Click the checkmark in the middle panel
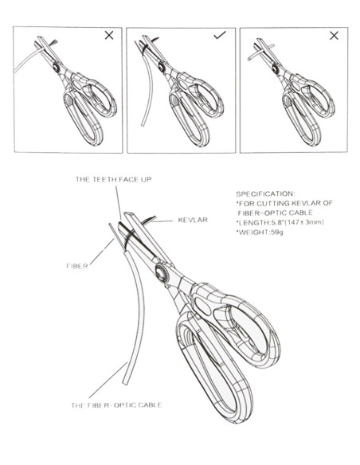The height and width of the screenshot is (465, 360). [220, 35]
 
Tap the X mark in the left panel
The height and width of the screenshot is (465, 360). [109, 36]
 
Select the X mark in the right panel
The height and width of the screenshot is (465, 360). [334, 36]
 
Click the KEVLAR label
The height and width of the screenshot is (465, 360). [193, 220]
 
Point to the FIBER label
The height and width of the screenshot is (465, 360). [77, 266]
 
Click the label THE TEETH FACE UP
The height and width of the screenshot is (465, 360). [113, 179]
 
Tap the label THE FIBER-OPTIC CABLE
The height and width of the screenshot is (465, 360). [116, 405]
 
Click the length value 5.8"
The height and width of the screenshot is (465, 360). [272, 222]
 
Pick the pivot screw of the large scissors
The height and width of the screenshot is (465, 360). [162, 273]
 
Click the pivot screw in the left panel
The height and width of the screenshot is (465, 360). [57, 68]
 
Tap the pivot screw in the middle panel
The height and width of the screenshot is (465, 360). [162, 68]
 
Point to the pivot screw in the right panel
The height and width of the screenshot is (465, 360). [276, 69]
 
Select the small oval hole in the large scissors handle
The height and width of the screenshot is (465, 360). [203, 307]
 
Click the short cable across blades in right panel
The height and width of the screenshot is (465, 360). [261, 53]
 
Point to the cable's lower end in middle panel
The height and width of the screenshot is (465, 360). [143, 124]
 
